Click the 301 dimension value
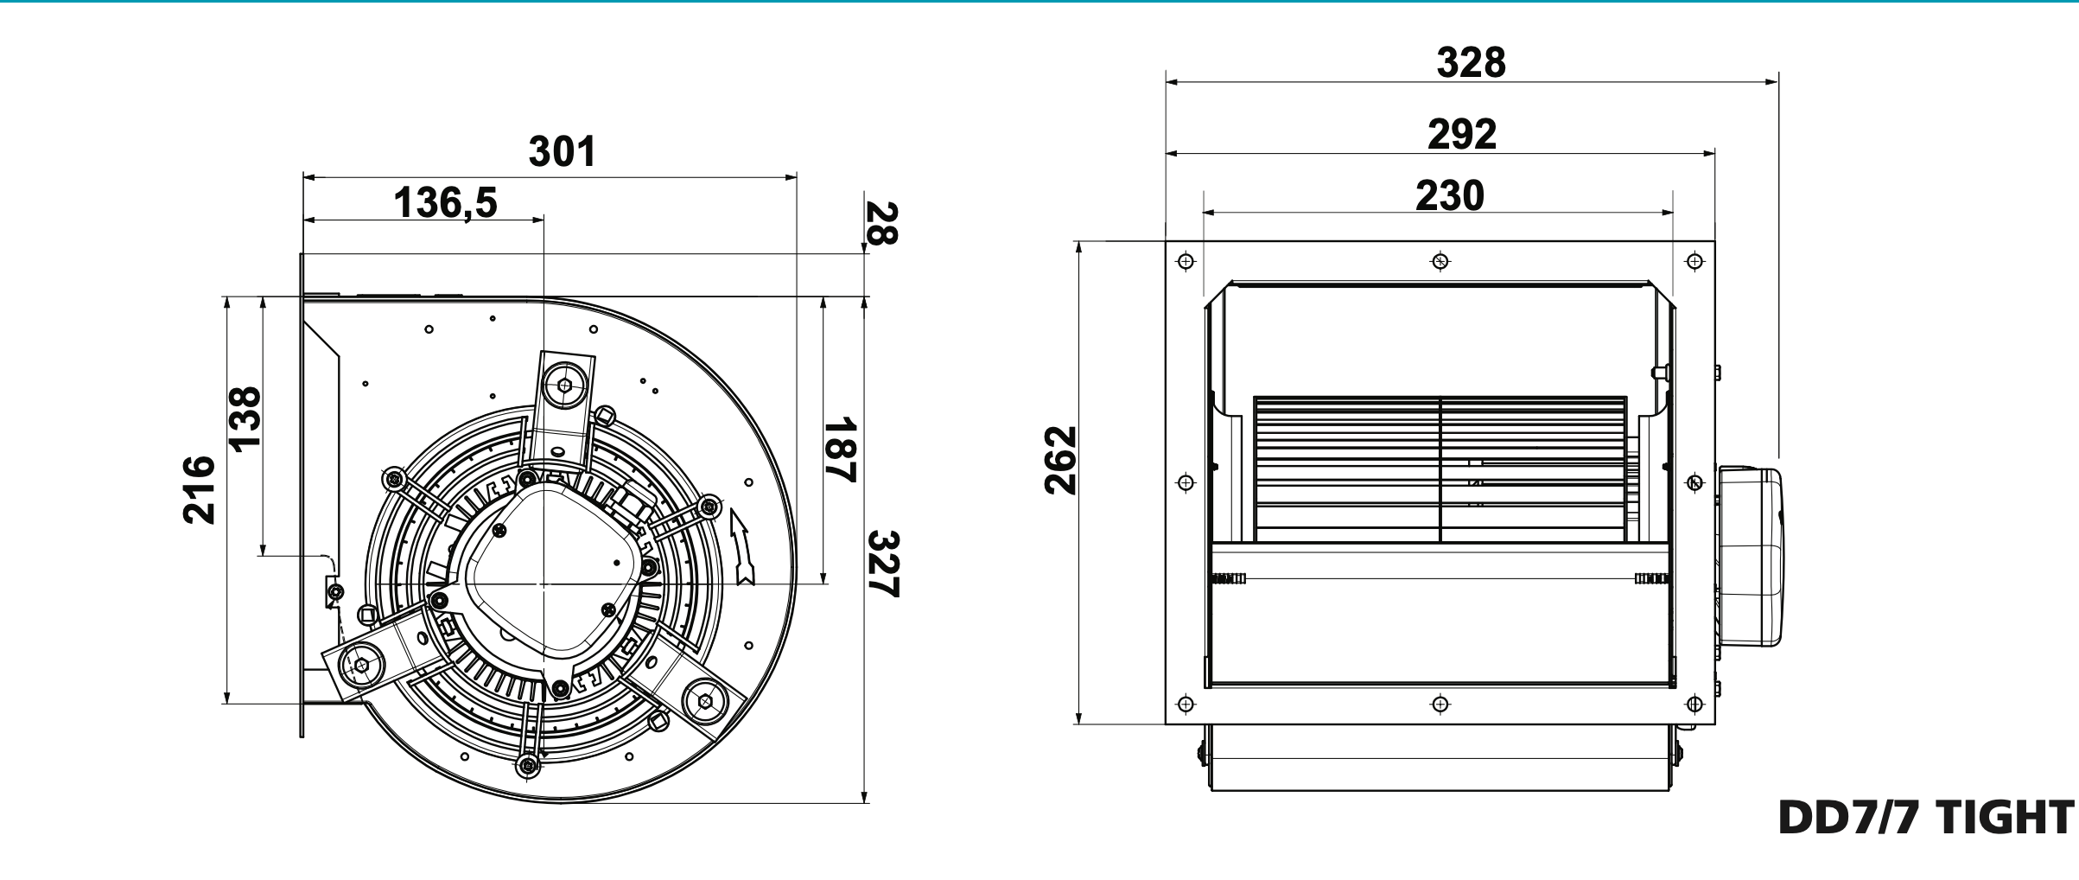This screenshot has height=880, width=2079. (x=562, y=151)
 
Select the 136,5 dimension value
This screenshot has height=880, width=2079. (x=445, y=203)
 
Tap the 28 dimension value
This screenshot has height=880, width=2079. (x=881, y=223)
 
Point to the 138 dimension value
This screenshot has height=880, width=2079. (x=245, y=418)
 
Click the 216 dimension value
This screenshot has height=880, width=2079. (x=200, y=489)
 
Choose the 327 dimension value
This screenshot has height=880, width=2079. (x=883, y=564)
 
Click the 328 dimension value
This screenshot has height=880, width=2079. (x=1471, y=62)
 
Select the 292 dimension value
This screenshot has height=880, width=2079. (x=1461, y=134)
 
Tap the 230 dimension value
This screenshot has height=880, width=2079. (x=1449, y=195)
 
